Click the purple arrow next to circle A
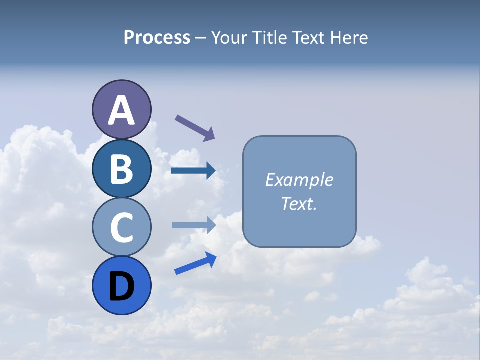(194, 127)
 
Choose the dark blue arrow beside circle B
(193, 171)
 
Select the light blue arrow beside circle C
(193, 225)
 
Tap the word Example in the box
(299, 180)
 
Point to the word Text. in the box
(299, 203)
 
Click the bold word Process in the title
(157, 37)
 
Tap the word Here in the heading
(349, 37)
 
